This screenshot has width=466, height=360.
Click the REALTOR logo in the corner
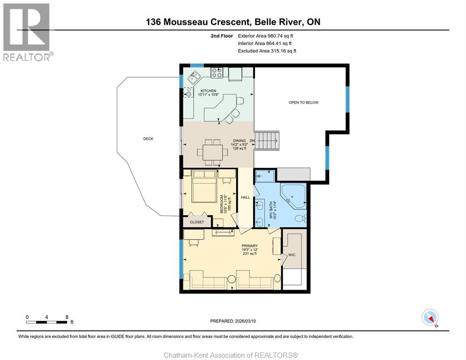coord(27,32)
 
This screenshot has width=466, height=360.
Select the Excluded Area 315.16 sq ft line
coord(267,51)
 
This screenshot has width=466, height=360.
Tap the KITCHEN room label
coord(208,90)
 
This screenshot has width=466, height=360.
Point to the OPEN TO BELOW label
coord(303,102)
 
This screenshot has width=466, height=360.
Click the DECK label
coord(148,139)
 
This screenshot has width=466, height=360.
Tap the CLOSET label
coord(197,222)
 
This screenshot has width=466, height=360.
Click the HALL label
coord(245,197)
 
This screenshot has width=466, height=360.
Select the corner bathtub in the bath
coord(293,197)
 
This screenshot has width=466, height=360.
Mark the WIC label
coord(291,255)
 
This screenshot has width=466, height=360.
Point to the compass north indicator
coord(430,318)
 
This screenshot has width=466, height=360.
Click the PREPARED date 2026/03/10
coord(233,321)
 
